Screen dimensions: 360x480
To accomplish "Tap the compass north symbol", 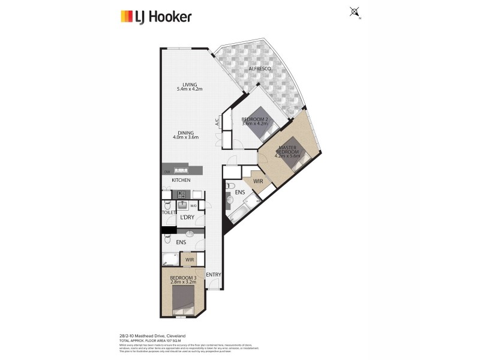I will [x=354, y=11].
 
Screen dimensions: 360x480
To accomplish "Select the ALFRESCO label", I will [x=260, y=70].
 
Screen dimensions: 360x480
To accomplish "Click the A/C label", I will [x=217, y=122].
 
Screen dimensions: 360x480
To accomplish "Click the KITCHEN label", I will [x=181, y=180].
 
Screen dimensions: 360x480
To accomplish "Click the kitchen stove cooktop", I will [x=180, y=194].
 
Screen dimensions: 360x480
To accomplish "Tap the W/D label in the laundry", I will [x=193, y=206].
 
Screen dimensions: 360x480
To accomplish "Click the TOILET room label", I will [x=168, y=212].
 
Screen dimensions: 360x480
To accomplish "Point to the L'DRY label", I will [x=188, y=218].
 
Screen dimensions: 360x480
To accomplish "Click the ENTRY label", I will [x=214, y=275].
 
